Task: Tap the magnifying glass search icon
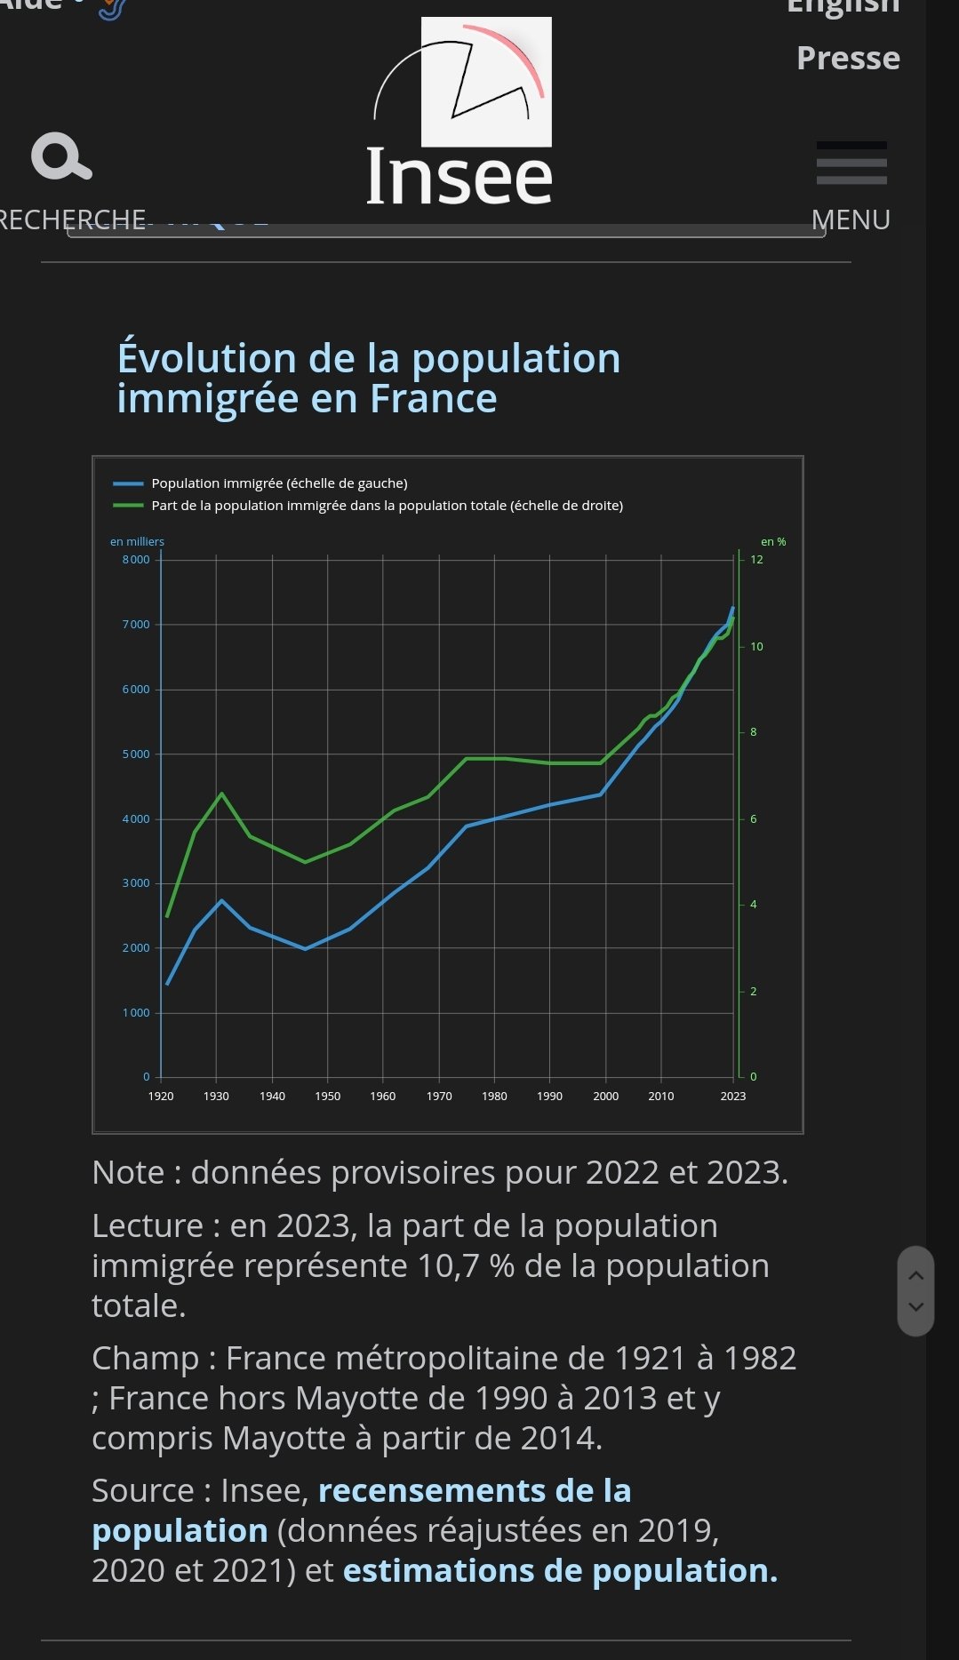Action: (60, 156)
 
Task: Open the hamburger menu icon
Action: (851, 164)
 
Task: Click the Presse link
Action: (848, 58)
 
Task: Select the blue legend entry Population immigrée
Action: (278, 483)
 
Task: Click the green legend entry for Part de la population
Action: (386, 506)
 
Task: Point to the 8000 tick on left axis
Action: (136, 560)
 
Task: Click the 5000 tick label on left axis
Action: (136, 754)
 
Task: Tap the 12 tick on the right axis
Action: (756, 560)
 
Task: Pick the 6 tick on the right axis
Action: (753, 818)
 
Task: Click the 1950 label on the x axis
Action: (327, 1097)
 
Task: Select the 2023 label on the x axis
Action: (732, 1097)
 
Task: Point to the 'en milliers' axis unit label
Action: (137, 542)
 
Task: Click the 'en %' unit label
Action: (772, 542)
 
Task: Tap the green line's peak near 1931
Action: (221, 794)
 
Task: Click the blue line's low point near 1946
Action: (305, 948)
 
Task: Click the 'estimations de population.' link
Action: (560, 1571)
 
